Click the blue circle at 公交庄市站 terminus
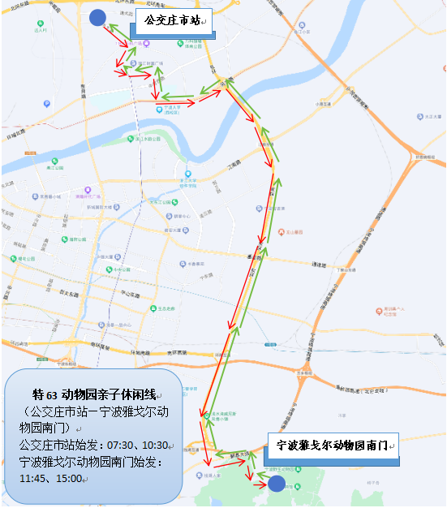point(97,17)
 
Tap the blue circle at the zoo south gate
point(277,484)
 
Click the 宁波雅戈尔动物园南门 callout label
point(333,446)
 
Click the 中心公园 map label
point(122,269)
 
